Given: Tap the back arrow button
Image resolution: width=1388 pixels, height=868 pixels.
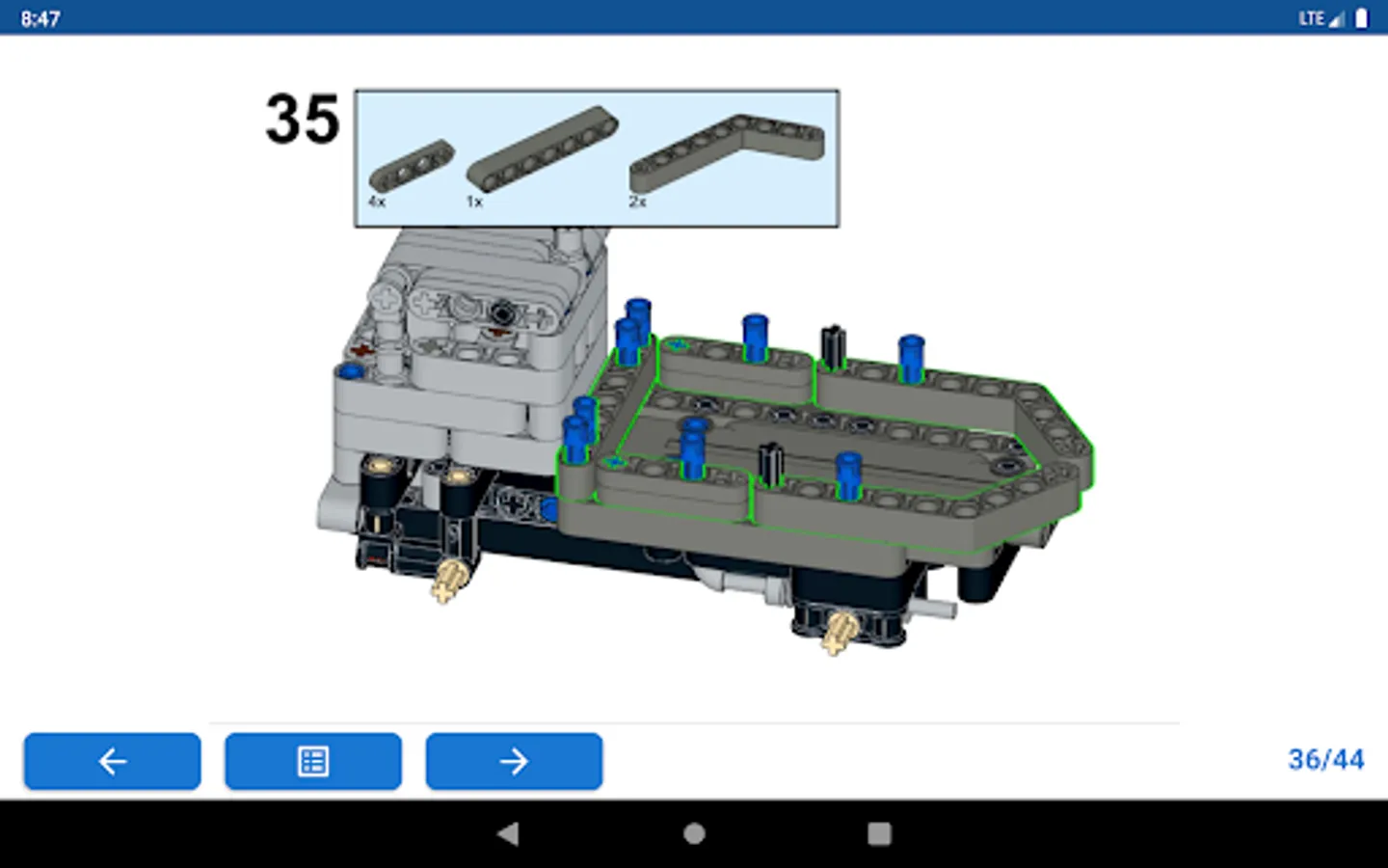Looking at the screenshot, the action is tap(112, 761).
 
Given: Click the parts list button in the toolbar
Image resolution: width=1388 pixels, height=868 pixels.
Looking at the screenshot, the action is tap(313, 761).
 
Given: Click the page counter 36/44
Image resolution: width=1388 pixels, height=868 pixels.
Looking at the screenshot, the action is tap(1326, 760).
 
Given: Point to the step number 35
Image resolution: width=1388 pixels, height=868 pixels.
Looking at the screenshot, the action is tap(303, 119).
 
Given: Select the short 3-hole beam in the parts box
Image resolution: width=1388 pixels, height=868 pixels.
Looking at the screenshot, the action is tap(412, 165).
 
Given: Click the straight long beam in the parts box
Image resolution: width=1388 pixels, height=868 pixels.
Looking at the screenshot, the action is tap(543, 148).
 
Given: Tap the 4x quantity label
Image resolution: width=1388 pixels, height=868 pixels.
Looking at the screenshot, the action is tap(377, 202).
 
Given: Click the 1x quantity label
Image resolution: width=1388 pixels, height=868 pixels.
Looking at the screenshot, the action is tap(474, 202).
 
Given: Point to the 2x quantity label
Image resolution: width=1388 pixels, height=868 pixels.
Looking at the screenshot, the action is tap(638, 202).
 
